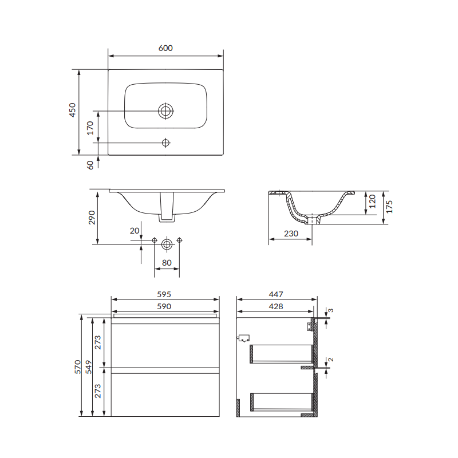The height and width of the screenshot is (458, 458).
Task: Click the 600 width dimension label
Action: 165,48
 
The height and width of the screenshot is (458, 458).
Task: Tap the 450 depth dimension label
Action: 72,110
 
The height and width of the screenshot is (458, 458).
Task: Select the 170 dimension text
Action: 90,128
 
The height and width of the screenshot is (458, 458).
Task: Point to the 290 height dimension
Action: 92,218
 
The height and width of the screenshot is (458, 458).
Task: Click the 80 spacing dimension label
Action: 167,263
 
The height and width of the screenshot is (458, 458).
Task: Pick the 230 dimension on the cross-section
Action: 291,234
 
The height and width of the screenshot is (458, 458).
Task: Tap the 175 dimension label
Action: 389,207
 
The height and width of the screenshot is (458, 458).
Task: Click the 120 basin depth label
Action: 372,202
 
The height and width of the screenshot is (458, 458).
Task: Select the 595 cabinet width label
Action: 164,294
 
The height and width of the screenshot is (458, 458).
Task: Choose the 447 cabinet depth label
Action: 276,294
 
